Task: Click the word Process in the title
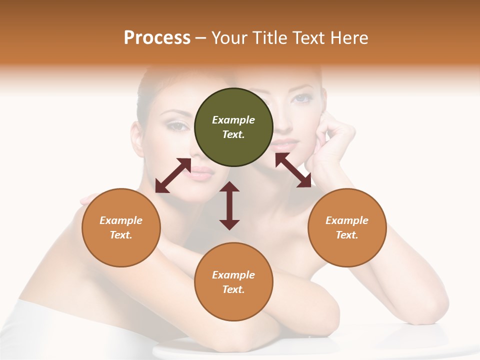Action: point(157,38)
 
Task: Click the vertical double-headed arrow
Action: point(229,205)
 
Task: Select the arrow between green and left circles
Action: point(173,175)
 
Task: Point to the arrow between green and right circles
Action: point(293,170)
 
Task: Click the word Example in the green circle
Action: point(233,120)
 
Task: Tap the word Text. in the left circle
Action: point(121,235)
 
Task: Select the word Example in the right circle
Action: point(347,220)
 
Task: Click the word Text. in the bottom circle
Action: point(233,289)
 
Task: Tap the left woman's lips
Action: point(201,173)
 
